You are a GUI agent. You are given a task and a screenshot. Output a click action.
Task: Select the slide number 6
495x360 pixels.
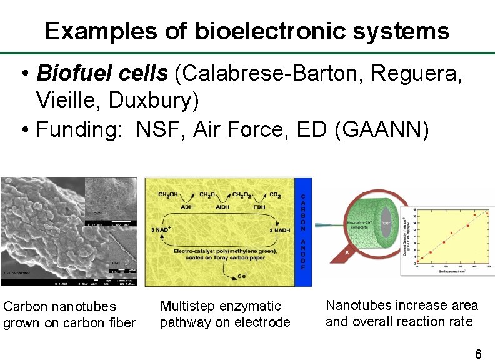(x=478, y=354)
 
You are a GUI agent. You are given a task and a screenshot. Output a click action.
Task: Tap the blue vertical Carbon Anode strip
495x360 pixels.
(x=303, y=231)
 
